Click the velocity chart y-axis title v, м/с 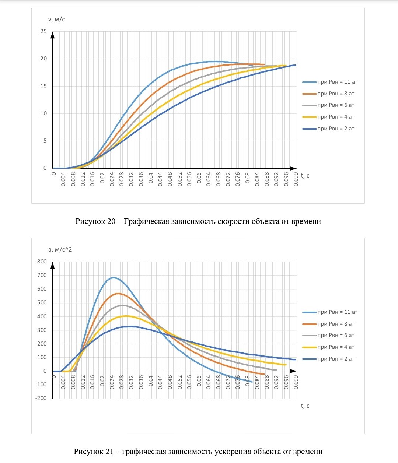57,19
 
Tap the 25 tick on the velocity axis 44,31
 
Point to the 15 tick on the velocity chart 44,86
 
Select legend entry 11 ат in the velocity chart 337,82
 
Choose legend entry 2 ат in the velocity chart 336,129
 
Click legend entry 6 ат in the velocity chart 336,105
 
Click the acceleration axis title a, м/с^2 60,249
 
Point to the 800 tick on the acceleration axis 42,262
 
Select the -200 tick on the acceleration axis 41,398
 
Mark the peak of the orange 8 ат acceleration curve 118,294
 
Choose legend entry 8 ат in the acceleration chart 336,324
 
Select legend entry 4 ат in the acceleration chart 336,347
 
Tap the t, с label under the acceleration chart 305,406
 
